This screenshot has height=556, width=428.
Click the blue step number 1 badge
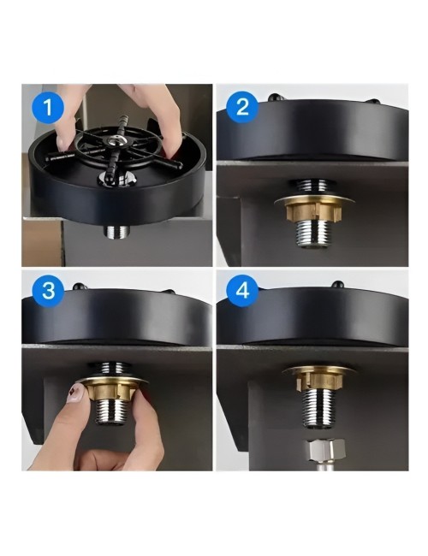click(48, 106)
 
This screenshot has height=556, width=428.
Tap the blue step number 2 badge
click(242, 106)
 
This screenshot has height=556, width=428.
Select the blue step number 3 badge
click(48, 291)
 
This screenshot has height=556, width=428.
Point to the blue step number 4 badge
click(243, 292)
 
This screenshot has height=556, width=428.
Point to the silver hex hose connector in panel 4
click(326, 450)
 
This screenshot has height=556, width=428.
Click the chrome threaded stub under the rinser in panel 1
click(117, 231)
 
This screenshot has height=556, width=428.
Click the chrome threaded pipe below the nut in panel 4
click(318, 405)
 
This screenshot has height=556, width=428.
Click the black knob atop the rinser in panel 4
click(337, 284)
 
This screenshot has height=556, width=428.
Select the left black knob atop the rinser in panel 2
click(274, 97)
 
